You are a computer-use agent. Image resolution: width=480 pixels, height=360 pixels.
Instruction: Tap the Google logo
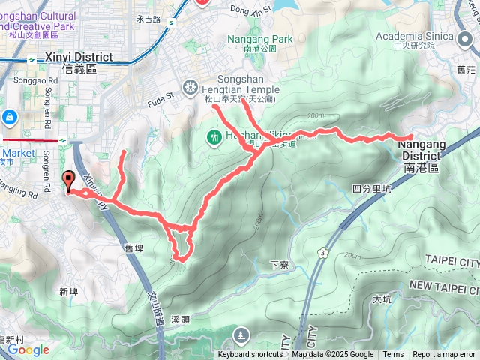28,349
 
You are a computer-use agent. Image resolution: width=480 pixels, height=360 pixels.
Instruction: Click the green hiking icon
214,137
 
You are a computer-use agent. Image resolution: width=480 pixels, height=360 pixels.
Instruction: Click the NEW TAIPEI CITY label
443,286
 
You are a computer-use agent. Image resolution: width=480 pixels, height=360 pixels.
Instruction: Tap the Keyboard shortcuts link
250,355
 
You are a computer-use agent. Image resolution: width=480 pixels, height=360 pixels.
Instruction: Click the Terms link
392,355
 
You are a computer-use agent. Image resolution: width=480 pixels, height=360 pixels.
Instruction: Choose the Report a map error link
444,355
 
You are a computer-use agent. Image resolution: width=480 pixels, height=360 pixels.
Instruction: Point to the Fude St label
160,97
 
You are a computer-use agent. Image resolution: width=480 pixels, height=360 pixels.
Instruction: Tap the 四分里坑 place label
372,189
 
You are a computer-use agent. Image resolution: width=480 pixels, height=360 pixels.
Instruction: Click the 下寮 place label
279,264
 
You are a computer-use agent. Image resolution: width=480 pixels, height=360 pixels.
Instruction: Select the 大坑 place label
382,299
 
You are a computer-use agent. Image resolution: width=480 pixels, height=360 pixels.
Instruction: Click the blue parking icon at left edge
9,118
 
